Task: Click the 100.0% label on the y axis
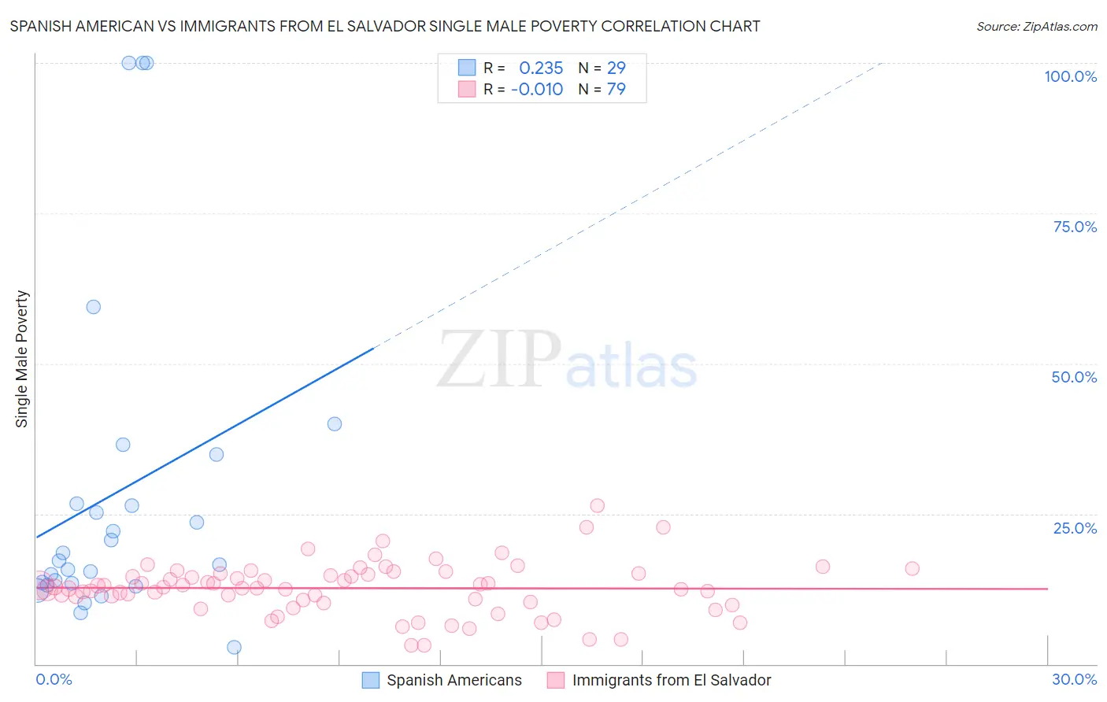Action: click(1070, 76)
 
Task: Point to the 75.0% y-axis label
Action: click(1075, 227)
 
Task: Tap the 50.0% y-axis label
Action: click(1074, 377)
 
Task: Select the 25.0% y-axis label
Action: click(1075, 528)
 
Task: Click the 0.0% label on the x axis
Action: click(54, 679)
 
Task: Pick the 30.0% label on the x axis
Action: click(1074, 679)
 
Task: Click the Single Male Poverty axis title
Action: click(22, 359)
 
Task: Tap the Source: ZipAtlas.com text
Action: click(1036, 27)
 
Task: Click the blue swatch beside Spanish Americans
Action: click(371, 680)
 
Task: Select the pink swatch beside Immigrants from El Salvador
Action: click(556, 680)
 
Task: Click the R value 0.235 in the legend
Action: click(541, 68)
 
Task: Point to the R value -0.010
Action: click(537, 89)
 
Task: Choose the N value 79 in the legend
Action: click(616, 89)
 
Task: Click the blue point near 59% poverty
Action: click(94, 307)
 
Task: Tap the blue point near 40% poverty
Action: click(335, 424)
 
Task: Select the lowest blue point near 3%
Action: click(234, 647)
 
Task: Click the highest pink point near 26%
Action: click(597, 506)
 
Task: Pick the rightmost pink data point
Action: click(912, 568)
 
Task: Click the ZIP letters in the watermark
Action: click(499, 359)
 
